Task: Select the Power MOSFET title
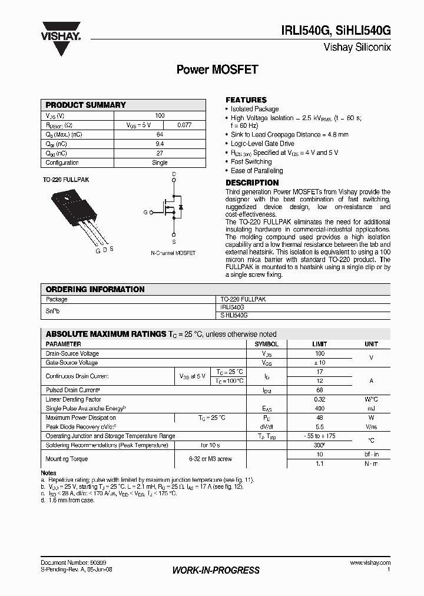[x=217, y=69]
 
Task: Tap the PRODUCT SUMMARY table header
[x=86, y=105]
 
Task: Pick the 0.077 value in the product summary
[x=184, y=125]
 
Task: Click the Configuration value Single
[x=160, y=163]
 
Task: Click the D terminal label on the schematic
[x=174, y=175]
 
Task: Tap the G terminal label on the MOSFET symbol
[x=145, y=212]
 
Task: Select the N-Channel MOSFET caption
[x=173, y=253]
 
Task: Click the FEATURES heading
[x=246, y=100]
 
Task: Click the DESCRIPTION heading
[x=252, y=183]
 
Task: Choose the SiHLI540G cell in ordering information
[x=233, y=316]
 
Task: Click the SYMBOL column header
[x=266, y=344]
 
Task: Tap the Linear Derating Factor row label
[x=73, y=399]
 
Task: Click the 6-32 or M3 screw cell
[x=210, y=459]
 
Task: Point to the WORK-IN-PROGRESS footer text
[x=216, y=570]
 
